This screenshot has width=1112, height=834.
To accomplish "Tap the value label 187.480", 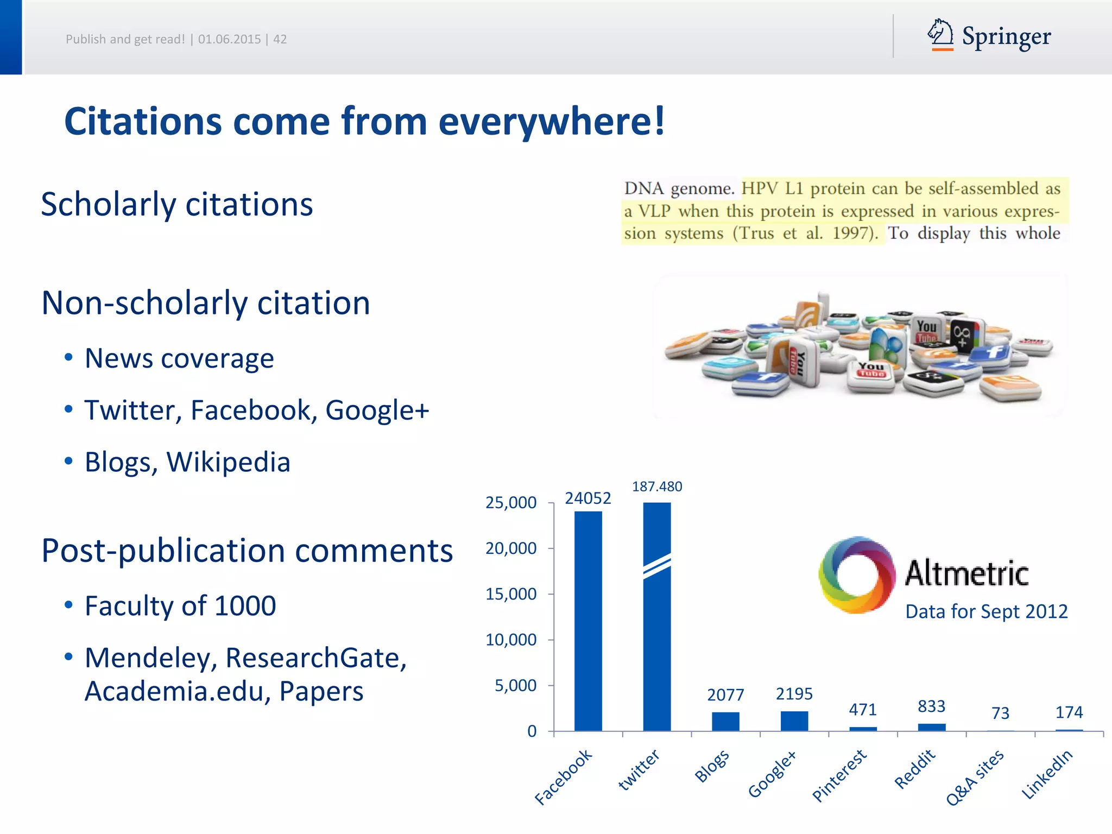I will tap(657, 486).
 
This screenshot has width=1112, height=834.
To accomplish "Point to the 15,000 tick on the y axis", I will tap(510, 594).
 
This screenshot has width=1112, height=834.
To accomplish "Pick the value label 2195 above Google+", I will tap(794, 694).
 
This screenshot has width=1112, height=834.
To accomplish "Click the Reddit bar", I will tap(932, 727).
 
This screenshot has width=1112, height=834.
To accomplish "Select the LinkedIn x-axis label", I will tap(1047, 774).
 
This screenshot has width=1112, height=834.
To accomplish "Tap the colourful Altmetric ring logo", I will tap(857, 574).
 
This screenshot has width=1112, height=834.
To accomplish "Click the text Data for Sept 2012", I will tap(986, 611).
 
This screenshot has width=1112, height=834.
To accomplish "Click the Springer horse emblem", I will tap(940, 34).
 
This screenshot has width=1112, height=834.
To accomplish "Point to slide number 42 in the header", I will tap(280, 39).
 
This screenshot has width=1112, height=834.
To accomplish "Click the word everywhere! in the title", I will tap(551, 121).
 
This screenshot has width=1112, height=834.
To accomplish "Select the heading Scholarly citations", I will tap(177, 205).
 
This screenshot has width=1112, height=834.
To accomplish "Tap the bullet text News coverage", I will tap(179, 358).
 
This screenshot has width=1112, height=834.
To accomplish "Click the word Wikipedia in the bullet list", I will tap(228, 462).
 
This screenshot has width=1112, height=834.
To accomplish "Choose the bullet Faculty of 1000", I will tap(180, 605).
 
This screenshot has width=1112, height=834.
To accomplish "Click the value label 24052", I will tap(587, 498).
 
